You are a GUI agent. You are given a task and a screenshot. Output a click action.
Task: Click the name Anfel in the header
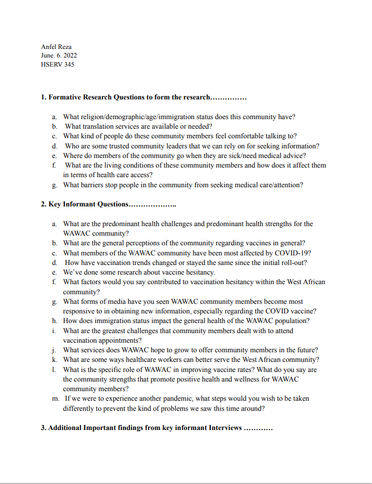tap(49, 46)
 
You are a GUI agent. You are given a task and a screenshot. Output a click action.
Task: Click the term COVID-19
tap(294, 252)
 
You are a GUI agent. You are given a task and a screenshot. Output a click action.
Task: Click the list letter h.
tap(54, 321)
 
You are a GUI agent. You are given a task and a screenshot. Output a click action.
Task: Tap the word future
tap(306, 350)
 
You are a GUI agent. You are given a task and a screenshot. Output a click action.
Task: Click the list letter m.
tap(55, 399)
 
